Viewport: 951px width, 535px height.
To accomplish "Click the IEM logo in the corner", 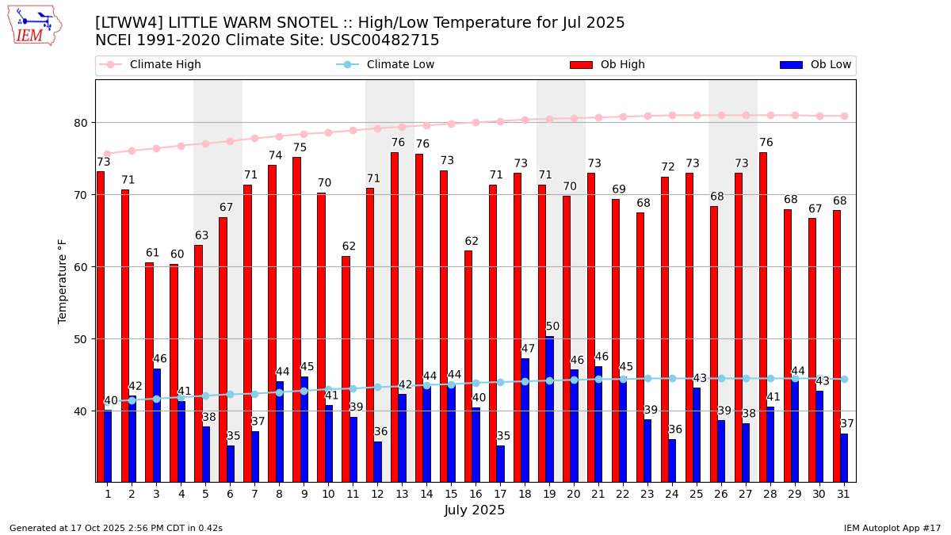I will [x=34, y=25].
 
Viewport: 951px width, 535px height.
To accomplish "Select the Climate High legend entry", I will [x=165, y=65].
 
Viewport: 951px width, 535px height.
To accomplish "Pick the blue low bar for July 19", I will [x=549, y=409].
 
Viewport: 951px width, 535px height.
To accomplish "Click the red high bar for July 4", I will [x=174, y=373].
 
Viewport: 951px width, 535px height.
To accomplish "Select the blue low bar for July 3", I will [x=157, y=425].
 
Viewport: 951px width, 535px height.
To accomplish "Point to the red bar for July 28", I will [x=763, y=317].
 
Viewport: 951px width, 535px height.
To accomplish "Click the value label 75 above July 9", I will [x=300, y=148].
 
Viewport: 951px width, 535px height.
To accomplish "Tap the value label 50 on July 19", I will [x=552, y=327].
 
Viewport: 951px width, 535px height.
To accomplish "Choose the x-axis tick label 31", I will [x=844, y=495].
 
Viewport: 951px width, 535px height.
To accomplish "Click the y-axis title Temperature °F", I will [x=63, y=281].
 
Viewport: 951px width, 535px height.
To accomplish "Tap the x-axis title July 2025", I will [x=475, y=510].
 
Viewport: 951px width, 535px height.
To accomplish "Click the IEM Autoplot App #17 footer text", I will [x=892, y=528].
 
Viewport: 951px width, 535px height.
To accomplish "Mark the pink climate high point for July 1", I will [x=108, y=154].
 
